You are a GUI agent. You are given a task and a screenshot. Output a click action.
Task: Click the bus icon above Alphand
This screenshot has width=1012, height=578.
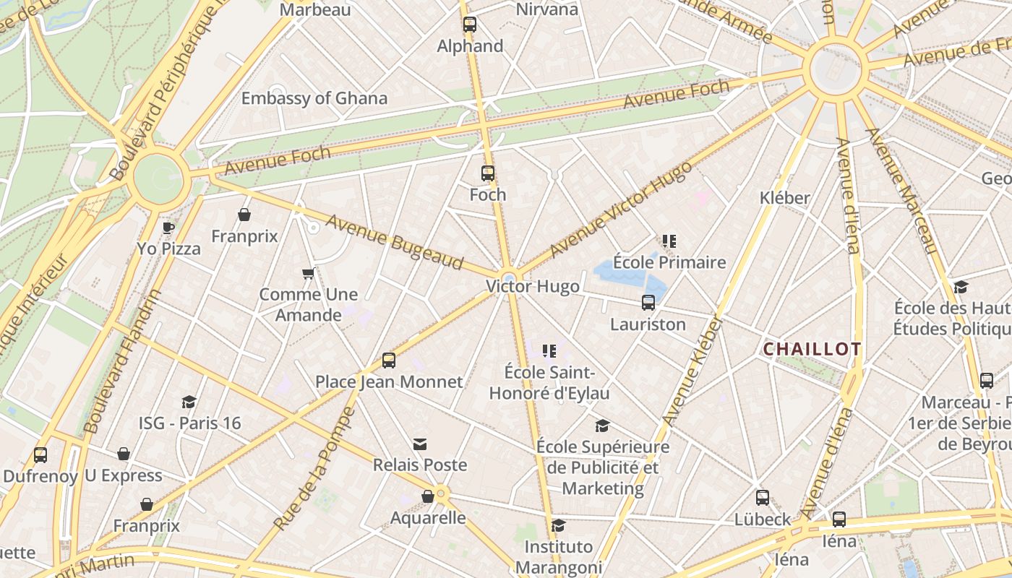pos(470,25)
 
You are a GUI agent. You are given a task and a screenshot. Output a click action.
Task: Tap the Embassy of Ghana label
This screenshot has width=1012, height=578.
pos(314,98)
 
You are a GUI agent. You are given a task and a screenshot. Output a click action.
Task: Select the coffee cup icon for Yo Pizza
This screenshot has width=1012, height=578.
pos(168,228)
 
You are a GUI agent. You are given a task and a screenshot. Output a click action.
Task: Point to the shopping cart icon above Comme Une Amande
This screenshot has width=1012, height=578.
pos(309,274)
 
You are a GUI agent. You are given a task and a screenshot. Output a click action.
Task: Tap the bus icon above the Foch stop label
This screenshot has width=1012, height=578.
pos(488,173)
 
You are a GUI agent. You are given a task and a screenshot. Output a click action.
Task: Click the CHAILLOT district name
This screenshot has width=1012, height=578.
pos(812,350)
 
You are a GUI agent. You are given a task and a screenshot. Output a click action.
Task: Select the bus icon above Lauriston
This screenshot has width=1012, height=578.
pos(648,303)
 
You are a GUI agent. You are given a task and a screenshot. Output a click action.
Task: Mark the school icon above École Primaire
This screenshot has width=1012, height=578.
pos(669,241)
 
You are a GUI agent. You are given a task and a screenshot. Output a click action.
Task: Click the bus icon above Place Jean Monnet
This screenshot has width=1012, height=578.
pos(389,361)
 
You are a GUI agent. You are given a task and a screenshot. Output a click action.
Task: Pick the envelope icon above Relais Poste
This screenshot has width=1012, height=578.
pos(420,444)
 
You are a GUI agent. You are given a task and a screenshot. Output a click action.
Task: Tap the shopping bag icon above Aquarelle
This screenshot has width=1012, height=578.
pos(428,497)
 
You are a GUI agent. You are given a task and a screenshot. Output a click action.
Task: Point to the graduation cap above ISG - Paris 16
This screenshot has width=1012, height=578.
pos(189,402)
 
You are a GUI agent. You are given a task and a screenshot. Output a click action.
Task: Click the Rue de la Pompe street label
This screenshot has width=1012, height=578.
pos(315,468)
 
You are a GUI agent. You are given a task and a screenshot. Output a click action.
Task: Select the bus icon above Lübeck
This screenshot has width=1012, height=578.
pos(763,498)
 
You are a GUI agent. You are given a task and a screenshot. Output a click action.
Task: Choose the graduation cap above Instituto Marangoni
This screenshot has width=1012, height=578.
pos(558,525)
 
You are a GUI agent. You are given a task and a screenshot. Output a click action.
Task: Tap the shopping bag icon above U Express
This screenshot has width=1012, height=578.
pos(124,454)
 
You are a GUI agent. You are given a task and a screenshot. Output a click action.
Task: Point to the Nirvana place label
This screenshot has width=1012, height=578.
pos(547,9)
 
